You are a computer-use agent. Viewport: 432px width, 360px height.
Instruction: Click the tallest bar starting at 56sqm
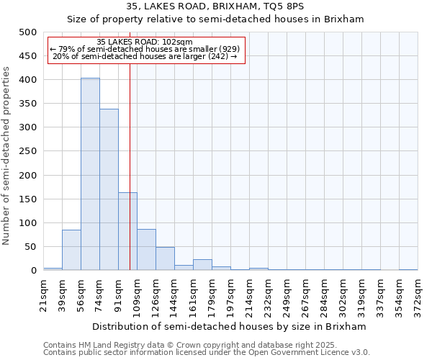tap(90, 174)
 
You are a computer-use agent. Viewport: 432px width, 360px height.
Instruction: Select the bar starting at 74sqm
tap(109, 189)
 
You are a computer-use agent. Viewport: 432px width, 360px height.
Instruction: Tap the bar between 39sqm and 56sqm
tap(71, 250)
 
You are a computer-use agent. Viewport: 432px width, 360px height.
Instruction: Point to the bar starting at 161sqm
tap(202, 265)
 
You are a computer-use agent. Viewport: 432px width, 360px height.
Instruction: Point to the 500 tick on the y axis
tap(27, 32)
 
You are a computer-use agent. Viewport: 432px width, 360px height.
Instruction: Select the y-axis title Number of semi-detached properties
tap(7, 155)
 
